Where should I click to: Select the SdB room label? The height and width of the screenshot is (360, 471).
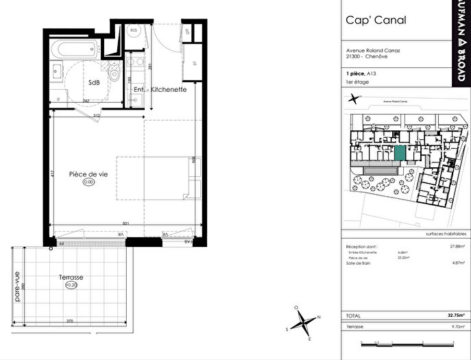pos(94,83)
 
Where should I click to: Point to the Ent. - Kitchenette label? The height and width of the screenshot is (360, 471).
pos(160,90)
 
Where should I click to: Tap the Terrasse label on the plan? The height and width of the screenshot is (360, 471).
pos(71,278)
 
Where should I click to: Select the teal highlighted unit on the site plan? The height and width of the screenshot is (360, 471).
pos(400,153)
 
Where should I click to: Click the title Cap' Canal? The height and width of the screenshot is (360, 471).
pos(376,20)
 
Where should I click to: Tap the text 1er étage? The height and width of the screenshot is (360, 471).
pos(359,82)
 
